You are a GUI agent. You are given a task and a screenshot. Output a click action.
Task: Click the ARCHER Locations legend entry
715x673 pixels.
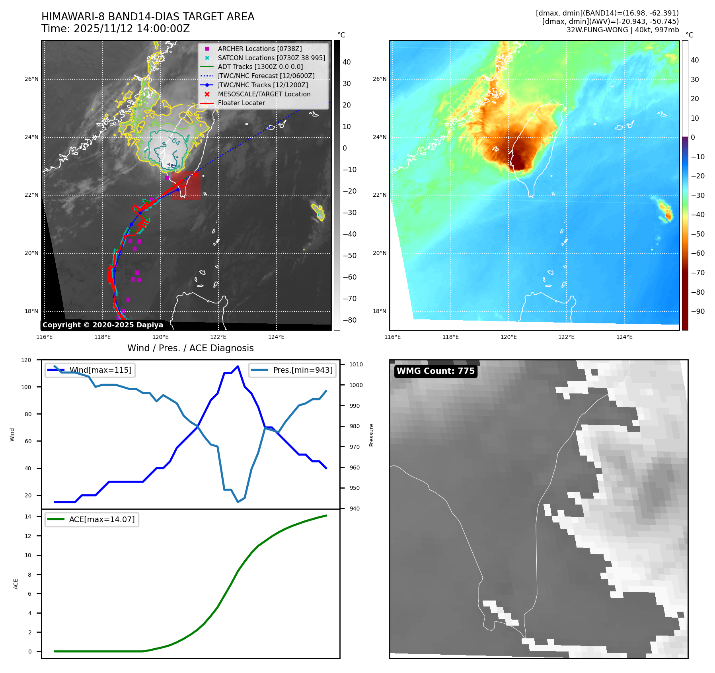click(259, 49)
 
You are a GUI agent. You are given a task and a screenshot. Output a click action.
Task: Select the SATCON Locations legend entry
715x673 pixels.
click(271, 58)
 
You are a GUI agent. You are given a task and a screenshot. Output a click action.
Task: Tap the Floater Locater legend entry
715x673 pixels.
click(241, 103)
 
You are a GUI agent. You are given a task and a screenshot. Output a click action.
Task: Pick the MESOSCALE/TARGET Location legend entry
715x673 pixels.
click(264, 94)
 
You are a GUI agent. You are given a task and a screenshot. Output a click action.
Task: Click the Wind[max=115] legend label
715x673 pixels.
click(100, 370)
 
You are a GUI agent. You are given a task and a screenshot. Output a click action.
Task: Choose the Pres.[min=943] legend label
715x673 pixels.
click(303, 370)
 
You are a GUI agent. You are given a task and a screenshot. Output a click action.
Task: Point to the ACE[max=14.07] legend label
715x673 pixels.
click(102, 519)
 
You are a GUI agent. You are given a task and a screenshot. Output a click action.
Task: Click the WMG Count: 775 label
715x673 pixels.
click(435, 371)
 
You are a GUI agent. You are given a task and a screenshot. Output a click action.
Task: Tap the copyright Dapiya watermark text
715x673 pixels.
click(103, 325)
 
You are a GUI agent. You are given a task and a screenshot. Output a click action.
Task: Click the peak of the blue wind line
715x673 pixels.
click(238, 366)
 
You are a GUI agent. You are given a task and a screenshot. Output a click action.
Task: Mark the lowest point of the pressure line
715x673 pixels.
click(238, 502)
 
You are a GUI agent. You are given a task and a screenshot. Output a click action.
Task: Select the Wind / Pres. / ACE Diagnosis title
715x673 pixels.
click(190, 348)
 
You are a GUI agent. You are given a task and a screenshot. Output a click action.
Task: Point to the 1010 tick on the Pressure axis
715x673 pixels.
click(356, 364)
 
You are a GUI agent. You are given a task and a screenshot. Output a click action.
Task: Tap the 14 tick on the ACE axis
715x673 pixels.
click(28, 516)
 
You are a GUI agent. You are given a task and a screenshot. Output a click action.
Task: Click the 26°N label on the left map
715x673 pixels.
click(31, 79)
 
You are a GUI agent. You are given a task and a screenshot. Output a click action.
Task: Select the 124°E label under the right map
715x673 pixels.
click(624, 337)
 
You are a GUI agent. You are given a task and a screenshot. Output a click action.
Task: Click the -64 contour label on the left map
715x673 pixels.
click(175, 141)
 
